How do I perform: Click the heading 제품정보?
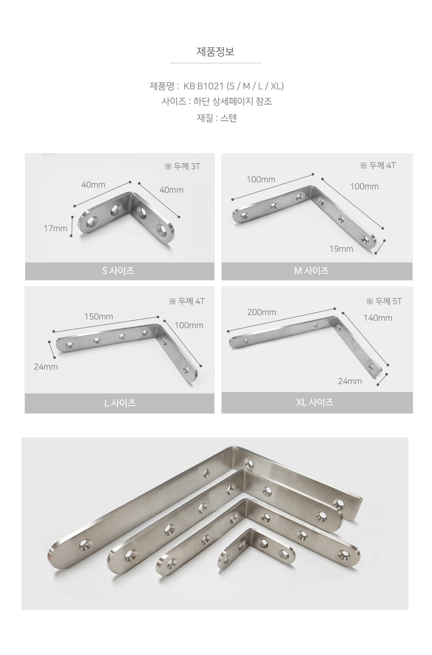pos(216,52)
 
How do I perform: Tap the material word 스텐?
pos(229,118)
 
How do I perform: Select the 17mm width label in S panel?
pos(55,228)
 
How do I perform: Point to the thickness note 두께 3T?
pos(187,166)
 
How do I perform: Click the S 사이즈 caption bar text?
pos(118,271)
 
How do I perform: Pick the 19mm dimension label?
pos(341,249)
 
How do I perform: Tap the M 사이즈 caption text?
pos(311,271)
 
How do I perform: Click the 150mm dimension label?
pos(99,317)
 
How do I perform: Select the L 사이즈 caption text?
pos(120,403)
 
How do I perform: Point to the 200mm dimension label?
pos(261,312)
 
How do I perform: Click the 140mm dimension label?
pos(378,318)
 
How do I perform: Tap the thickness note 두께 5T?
pos(388,301)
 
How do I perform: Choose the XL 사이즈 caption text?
pos(315,402)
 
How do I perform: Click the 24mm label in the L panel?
pos(45,367)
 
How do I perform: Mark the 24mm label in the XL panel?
pos(350,381)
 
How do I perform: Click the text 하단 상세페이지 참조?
pos(233,101)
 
